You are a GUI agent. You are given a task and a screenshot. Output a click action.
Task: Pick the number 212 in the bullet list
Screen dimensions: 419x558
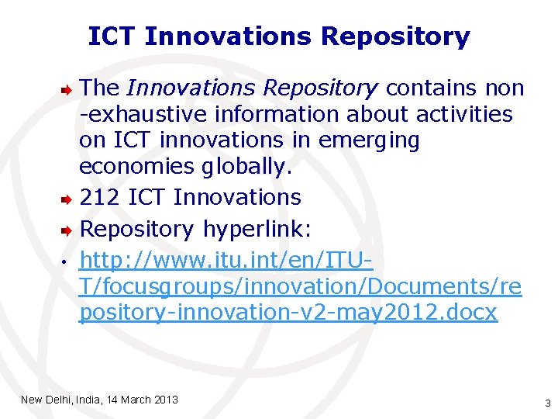pyautogui.click(x=99, y=197)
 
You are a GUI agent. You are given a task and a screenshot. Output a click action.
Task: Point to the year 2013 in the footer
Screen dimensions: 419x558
pyautogui.click(x=166, y=400)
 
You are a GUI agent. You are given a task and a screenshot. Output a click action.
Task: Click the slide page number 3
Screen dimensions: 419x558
pyautogui.click(x=547, y=403)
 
